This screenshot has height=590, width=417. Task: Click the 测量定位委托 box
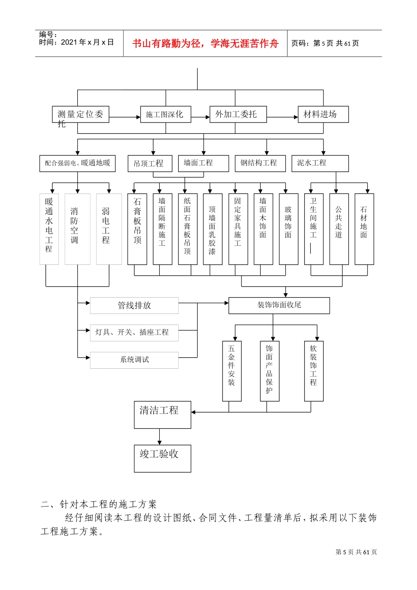click(x=80, y=115)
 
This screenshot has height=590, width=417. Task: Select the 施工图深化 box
click(x=165, y=115)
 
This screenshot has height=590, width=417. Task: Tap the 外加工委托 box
click(x=238, y=115)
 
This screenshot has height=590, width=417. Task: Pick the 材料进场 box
click(x=323, y=115)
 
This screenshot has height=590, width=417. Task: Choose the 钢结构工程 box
click(x=260, y=163)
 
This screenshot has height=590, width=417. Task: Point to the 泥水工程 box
click(x=320, y=163)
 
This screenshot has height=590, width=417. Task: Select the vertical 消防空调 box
click(x=77, y=229)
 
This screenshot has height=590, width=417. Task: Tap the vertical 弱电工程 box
click(x=109, y=229)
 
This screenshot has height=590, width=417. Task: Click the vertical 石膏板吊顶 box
click(x=137, y=229)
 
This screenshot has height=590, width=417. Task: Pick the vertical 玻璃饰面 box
click(x=288, y=229)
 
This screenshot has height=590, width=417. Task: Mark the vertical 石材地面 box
click(x=364, y=229)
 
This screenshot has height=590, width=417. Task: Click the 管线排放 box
click(x=134, y=306)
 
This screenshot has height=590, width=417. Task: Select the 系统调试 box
click(x=134, y=360)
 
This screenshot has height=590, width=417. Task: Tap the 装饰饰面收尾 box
click(x=279, y=306)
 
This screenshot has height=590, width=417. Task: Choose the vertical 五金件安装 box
click(x=232, y=371)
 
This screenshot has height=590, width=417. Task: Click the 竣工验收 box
click(x=162, y=458)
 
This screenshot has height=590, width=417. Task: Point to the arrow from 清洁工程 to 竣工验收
click(x=159, y=437)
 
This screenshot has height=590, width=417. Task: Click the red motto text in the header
click(x=205, y=43)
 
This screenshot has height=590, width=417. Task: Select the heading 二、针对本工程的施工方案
click(x=99, y=504)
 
